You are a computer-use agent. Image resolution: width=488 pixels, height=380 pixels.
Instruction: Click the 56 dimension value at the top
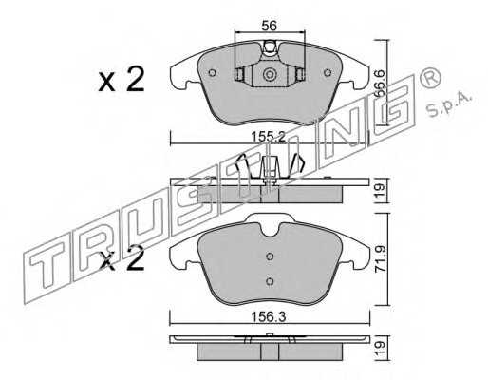pos(270,26)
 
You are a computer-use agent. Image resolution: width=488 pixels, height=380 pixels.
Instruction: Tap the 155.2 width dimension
pos(269,137)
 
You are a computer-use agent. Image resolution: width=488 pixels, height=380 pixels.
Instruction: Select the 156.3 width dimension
pos(269,316)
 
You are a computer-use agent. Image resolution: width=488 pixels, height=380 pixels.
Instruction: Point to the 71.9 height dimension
pos(381,259)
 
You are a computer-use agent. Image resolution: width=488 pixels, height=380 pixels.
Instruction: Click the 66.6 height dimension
pos(380,84)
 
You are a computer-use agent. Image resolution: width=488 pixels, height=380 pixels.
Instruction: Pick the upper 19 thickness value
pos(381,190)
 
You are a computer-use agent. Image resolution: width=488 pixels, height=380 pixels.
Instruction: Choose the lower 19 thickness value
pos(381,348)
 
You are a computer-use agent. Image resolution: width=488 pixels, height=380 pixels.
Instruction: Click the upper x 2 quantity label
pos(122,79)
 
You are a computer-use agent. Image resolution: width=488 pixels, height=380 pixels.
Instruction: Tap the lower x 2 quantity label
pos(122,259)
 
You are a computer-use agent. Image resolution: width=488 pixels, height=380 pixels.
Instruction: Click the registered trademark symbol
pos(430,78)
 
